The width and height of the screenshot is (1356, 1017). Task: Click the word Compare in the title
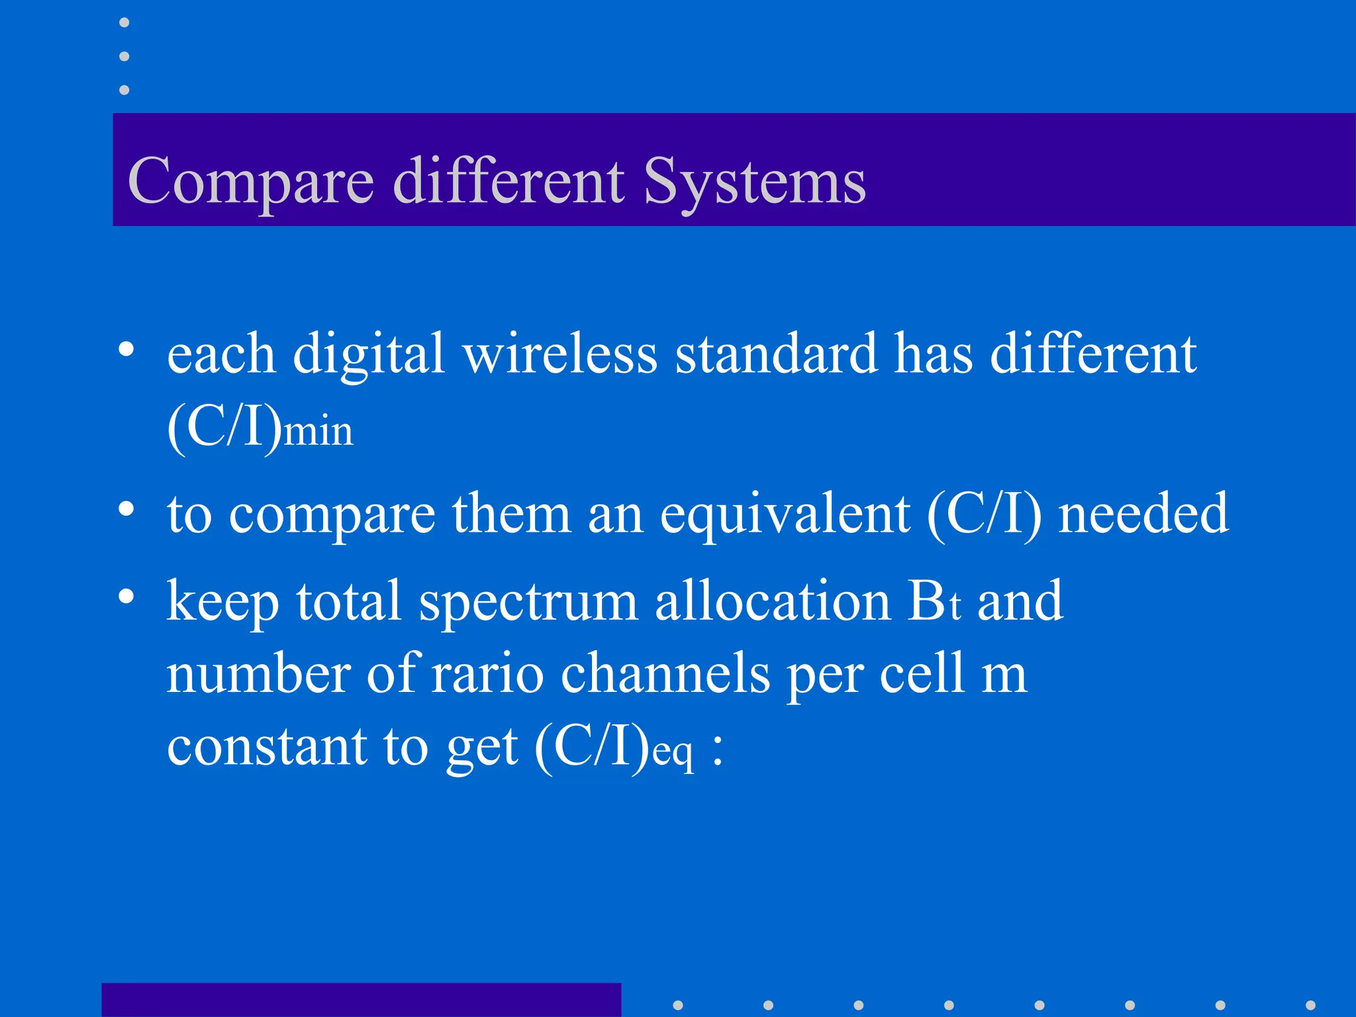click(x=251, y=183)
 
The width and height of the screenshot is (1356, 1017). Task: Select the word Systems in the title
click(x=754, y=183)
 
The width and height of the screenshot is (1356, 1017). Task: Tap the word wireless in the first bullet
click(x=560, y=354)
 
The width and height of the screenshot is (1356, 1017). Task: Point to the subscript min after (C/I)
click(x=318, y=432)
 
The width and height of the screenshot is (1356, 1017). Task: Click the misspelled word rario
click(x=487, y=674)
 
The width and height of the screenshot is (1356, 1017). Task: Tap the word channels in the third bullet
click(x=665, y=674)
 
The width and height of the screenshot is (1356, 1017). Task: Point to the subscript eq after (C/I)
click(x=673, y=753)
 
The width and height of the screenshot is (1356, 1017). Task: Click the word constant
click(x=266, y=747)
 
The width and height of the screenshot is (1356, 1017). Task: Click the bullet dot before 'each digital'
click(x=126, y=349)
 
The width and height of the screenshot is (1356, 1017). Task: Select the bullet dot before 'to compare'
click(x=126, y=508)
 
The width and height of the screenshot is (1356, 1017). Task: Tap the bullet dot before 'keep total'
click(x=126, y=596)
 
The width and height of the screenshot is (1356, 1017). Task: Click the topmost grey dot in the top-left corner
click(x=124, y=23)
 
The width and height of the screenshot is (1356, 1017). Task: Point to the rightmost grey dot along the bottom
click(x=1310, y=1005)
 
